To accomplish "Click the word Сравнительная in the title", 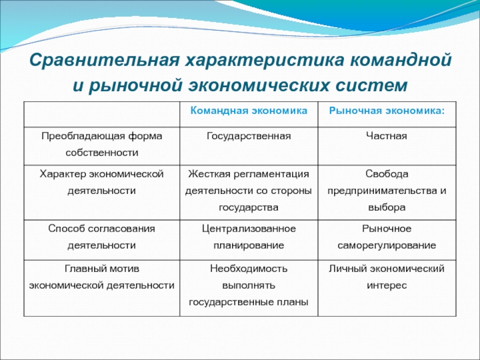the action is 104,59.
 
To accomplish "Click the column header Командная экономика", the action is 248,110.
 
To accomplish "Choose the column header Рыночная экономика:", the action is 386,110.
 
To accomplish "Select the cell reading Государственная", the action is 248,136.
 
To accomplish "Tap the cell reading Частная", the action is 386,136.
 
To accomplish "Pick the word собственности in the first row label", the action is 101,152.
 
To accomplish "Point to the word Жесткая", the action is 209,174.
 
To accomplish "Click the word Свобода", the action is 386,174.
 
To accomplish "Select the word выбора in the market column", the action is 386,207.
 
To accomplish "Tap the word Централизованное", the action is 248,229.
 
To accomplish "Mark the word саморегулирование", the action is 386,245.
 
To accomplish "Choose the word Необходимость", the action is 248,269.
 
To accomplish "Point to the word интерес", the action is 386,286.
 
